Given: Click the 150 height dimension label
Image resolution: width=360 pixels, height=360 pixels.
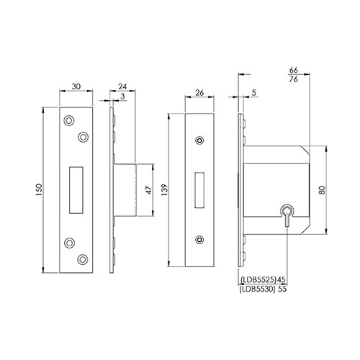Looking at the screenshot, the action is [39, 189].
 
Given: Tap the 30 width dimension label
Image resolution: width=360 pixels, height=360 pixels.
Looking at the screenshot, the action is [76, 86].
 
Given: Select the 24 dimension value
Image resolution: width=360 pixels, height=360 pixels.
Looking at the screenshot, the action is [122, 86].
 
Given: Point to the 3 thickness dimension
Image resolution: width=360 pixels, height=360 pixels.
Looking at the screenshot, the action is [122, 96].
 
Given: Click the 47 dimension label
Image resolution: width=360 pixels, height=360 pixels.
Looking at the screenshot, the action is [149, 190].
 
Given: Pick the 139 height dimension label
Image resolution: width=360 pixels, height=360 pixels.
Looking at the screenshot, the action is [165, 190].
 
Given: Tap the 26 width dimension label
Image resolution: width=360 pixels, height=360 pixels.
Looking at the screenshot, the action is [199, 92].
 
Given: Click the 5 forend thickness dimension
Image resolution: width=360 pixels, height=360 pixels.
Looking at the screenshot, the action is [254, 92].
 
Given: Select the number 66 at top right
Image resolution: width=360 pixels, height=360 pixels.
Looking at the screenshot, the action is [293, 70].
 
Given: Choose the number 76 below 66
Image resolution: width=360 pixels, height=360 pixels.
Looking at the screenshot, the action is [293, 79].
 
